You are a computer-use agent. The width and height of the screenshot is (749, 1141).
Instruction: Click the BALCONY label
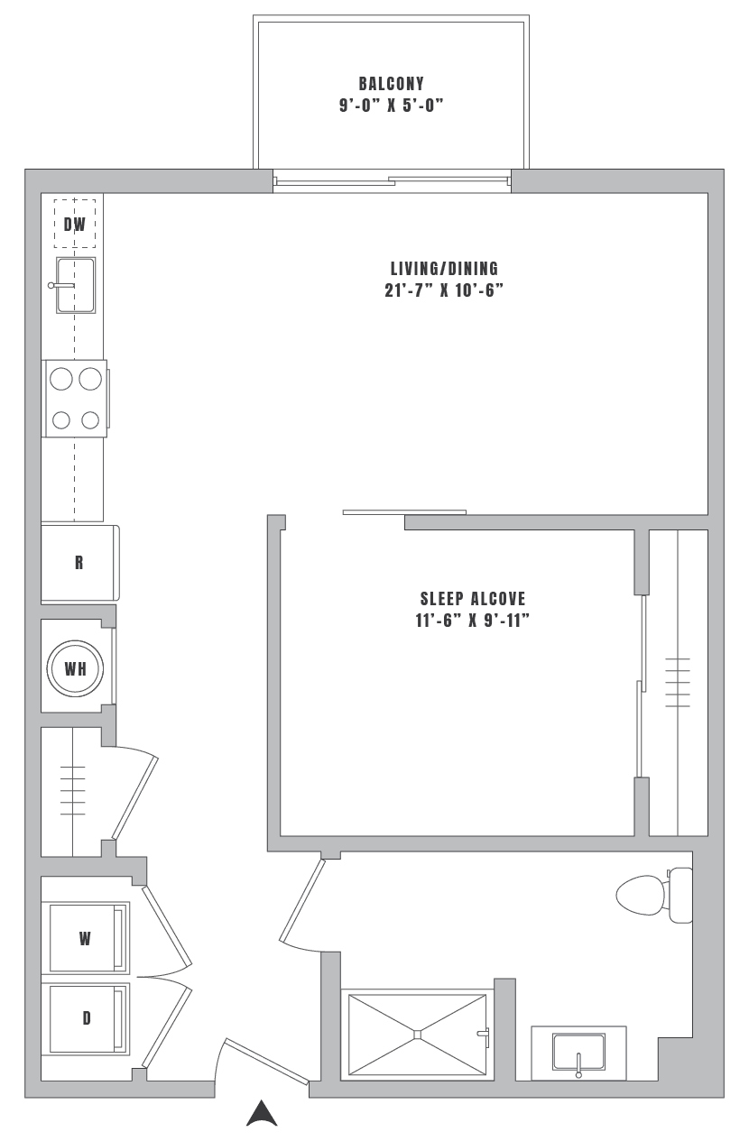391,84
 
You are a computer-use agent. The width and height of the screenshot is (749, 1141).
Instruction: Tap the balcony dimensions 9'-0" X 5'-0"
391,106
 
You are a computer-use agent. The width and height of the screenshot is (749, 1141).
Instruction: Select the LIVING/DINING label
444,268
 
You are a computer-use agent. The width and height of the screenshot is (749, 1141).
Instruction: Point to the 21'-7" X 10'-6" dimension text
444,290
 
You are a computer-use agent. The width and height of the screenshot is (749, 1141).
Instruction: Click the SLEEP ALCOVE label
472,598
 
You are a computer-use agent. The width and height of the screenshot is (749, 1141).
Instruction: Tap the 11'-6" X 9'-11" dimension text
472,621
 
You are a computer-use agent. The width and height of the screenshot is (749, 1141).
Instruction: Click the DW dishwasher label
76,225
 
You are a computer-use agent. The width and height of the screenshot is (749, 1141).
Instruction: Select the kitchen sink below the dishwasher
77,284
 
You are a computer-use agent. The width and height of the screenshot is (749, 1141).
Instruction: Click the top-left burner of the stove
60,380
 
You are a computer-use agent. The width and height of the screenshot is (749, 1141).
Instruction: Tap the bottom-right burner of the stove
90,419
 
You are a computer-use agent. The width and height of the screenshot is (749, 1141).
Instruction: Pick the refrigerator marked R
79,563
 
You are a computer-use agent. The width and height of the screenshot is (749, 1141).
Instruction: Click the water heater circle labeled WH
75,669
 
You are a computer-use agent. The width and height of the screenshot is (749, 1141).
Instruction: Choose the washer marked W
86,938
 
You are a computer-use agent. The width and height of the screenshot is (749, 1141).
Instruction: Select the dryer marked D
87,1018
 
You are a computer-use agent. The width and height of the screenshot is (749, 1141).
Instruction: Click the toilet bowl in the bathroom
641,896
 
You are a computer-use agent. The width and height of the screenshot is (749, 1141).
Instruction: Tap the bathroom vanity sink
578,1053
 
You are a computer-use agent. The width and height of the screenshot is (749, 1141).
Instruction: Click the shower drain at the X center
417,1034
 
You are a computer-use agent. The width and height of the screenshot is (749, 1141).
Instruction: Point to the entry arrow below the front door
262,1114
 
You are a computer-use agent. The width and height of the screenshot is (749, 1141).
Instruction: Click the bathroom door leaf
302,900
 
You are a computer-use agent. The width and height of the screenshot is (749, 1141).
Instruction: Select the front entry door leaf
266,1061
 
